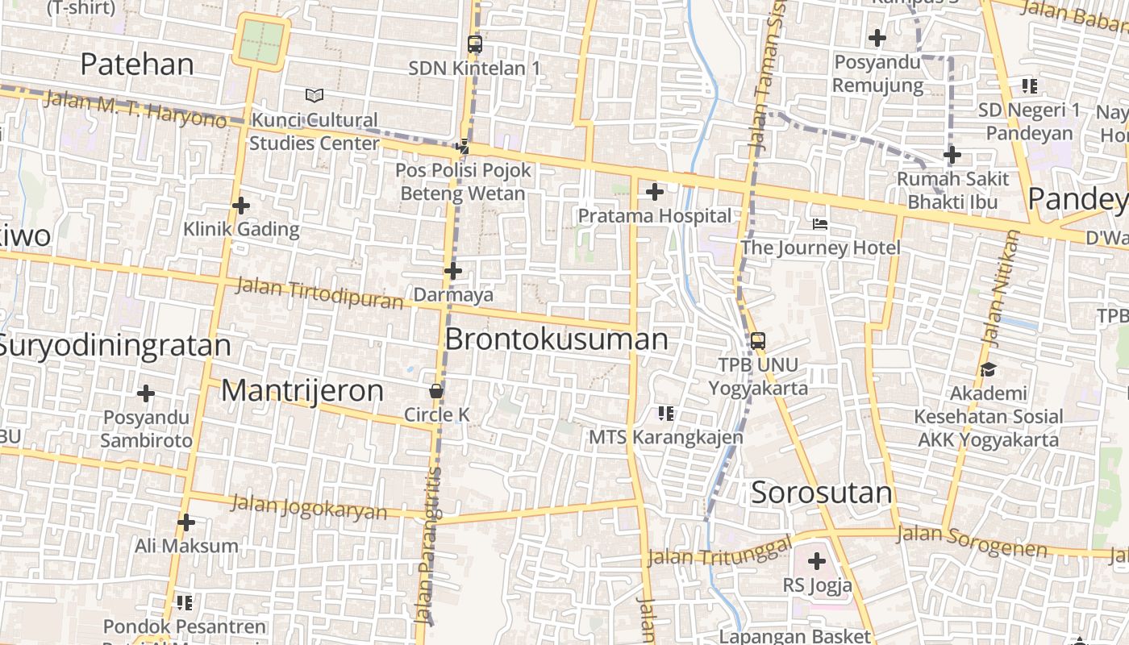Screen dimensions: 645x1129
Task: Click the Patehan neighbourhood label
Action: click(x=137, y=64)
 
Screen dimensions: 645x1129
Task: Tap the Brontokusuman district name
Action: click(x=556, y=339)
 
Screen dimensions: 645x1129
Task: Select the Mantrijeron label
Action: click(x=302, y=391)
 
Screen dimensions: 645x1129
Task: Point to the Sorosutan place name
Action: click(x=821, y=493)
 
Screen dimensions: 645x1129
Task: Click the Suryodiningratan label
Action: click(x=115, y=345)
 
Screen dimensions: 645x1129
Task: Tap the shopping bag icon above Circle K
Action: click(x=436, y=391)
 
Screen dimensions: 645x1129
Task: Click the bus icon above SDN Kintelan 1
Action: click(x=474, y=44)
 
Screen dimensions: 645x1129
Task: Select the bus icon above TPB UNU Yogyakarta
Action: click(x=758, y=340)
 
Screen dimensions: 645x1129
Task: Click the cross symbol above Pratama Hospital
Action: click(x=655, y=192)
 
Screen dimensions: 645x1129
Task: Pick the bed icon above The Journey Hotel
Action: click(x=820, y=223)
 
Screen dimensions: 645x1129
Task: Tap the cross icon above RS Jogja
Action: click(x=817, y=560)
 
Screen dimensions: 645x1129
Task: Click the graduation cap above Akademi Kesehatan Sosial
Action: click(x=988, y=369)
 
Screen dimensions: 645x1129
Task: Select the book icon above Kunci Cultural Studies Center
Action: click(x=315, y=96)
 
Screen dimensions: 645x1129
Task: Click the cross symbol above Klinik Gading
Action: click(x=241, y=206)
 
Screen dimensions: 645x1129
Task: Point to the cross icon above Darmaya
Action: click(x=453, y=271)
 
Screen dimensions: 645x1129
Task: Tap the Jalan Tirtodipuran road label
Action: click(x=319, y=293)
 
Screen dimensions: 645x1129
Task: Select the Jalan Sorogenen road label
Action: click(x=972, y=541)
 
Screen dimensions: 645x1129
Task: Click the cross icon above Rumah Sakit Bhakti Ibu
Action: click(x=952, y=154)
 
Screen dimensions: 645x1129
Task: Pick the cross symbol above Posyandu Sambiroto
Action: click(x=146, y=393)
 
